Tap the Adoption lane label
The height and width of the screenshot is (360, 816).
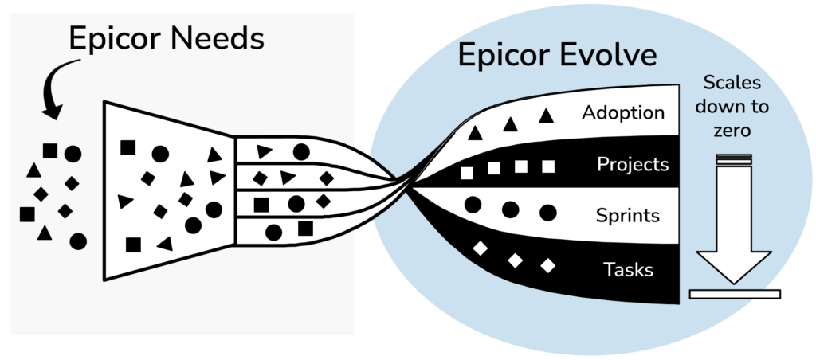coord(623,113)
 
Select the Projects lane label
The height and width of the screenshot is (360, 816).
coord(632,165)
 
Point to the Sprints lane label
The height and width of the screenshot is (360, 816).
coord(628,215)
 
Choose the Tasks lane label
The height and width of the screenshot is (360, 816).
coord(628,269)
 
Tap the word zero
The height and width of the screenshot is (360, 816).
coord(732,130)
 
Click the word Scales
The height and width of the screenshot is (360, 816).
coord(732,83)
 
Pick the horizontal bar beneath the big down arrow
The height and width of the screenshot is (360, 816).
coord(735,294)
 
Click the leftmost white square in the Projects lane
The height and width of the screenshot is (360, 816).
coord(467,173)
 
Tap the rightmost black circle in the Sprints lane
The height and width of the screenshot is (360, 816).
coord(548,213)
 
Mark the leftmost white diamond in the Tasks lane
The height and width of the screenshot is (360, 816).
coord(481,248)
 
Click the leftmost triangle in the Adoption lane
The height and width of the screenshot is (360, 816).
coord(475,133)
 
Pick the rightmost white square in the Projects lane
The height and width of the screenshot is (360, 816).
coord(548,166)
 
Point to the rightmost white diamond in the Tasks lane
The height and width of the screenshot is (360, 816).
coord(547,266)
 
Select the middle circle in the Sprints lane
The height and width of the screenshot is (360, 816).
coord(511,209)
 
